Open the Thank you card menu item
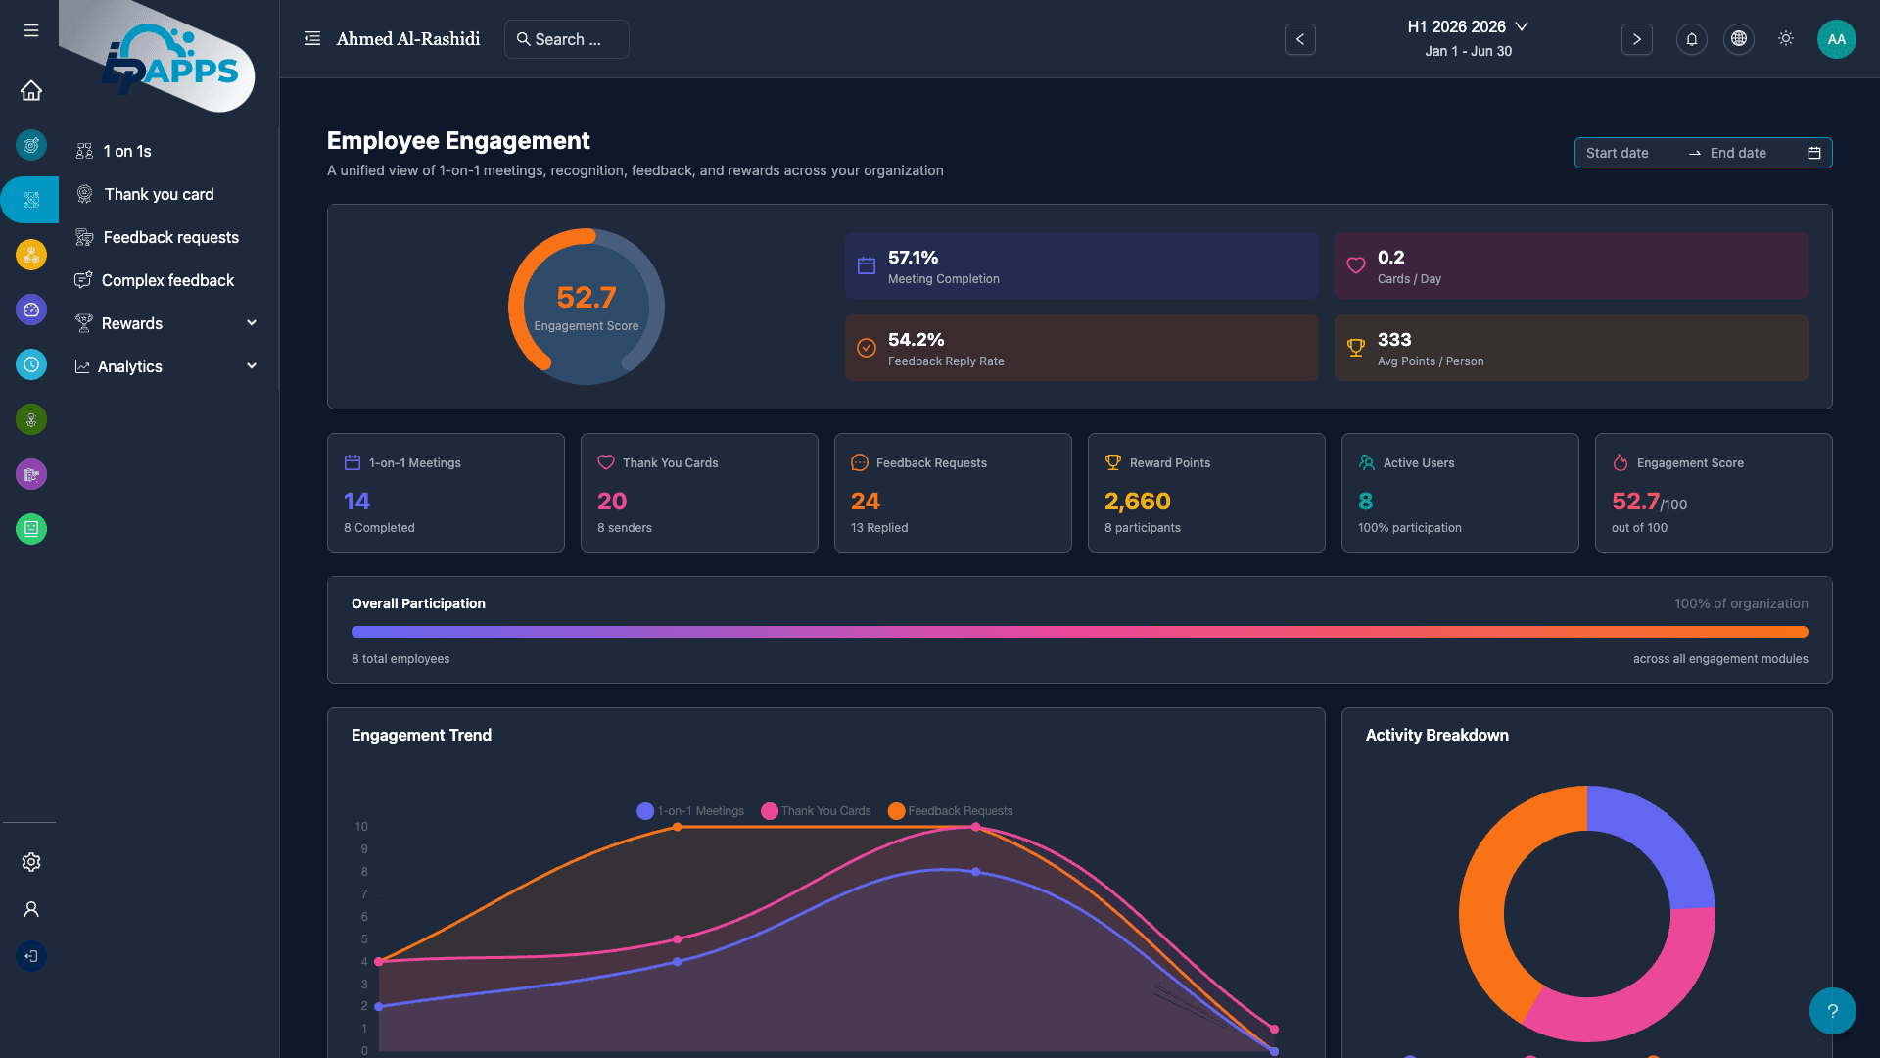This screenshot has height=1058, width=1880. click(x=159, y=194)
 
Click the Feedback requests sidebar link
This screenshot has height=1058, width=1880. click(x=170, y=237)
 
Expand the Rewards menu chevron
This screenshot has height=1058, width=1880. click(x=252, y=323)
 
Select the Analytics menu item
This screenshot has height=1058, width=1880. click(x=130, y=366)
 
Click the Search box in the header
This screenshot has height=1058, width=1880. click(x=567, y=39)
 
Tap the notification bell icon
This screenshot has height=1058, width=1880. click(x=1691, y=39)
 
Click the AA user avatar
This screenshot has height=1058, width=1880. click(x=1836, y=39)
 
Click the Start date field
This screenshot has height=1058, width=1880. click(x=1618, y=153)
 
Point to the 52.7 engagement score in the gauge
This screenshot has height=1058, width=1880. click(x=586, y=297)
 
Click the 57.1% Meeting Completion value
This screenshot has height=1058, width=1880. click(x=913, y=258)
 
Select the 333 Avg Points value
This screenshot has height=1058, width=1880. click(x=1394, y=340)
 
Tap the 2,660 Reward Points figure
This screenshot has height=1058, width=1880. click(x=1137, y=502)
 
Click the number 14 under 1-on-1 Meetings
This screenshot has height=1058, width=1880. click(x=356, y=502)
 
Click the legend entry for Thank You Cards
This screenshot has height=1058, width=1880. click(x=816, y=811)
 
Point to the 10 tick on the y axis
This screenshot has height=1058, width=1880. click(x=361, y=827)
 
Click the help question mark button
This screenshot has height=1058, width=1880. click(x=1832, y=1011)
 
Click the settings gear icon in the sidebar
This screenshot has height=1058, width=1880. click(x=31, y=862)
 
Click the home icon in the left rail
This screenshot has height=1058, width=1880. click(x=31, y=91)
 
